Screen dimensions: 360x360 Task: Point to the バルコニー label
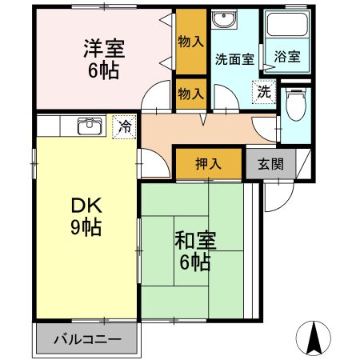(x=87, y=338)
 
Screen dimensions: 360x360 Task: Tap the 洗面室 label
(x=234, y=58)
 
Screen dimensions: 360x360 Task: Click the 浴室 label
(x=287, y=57)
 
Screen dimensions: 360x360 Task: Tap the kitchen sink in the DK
(x=89, y=126)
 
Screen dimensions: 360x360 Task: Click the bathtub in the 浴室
(x=287, y=32)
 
